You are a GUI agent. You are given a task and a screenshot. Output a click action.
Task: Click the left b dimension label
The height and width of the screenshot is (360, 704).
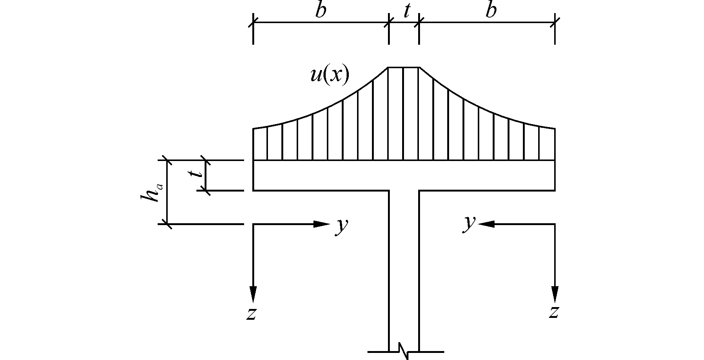(x=321, y=11)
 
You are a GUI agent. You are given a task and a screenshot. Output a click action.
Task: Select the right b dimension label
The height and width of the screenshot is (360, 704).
(x=491, y=11)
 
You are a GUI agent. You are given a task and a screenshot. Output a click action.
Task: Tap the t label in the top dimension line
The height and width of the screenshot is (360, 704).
(x=406, y=12)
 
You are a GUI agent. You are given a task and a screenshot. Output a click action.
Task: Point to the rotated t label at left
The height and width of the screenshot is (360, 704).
(x=195, y=174)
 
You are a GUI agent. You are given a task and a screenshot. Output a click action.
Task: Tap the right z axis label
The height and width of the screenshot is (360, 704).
(x=554, y=312)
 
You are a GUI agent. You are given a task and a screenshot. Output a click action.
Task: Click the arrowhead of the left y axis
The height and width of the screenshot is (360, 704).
(x=321, y=224)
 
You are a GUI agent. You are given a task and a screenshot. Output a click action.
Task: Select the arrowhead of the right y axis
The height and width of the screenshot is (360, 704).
(x=486, y=224)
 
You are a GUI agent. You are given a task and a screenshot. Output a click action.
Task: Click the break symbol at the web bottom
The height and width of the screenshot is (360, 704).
(x=404, y=351)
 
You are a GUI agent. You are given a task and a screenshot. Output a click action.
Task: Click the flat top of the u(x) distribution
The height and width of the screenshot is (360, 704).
(x=404, y=67)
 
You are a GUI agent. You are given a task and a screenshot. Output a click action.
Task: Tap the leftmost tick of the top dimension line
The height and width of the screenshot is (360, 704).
(x=253, y=22)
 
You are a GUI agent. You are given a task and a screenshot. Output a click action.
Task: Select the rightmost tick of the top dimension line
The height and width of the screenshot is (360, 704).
(x=555, y=22)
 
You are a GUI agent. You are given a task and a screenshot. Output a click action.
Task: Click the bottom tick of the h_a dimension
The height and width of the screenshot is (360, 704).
(x=167, y=224)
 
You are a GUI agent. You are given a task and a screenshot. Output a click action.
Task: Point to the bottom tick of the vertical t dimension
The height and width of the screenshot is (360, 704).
(x=205, y=190)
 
